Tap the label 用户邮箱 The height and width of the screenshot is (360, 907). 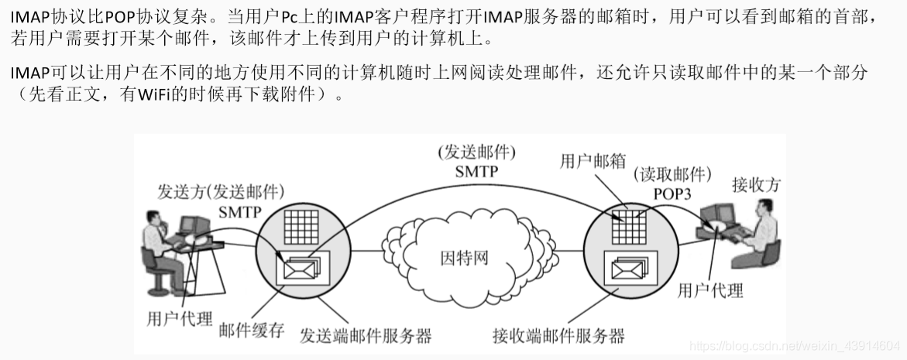[593, 161]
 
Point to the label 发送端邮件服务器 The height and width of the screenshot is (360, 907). [366, 336]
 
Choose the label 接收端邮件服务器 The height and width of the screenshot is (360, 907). [558, 336]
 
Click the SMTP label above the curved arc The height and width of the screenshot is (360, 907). [476, 171]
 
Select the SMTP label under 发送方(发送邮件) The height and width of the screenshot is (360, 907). [241, 211]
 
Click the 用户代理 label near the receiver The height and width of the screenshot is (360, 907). [709, 290]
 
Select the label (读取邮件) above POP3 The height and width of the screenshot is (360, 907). [672, 174]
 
